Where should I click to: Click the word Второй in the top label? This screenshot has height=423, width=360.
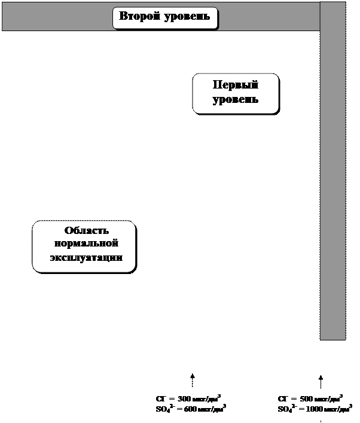click(x=140, y=16)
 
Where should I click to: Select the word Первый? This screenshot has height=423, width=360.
click(x=236, y=85)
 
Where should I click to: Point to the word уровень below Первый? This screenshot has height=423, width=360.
click(x=236, y=99)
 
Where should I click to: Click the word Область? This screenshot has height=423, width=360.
click(x=86, y=232)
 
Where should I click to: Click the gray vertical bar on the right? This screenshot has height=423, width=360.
click(x=332, y=179)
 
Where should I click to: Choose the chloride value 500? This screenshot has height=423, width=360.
click(x=306, y=398)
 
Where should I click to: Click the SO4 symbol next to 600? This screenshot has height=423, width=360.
click(x=163, y=409)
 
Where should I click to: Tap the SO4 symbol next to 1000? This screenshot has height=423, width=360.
click(x=286, y=409)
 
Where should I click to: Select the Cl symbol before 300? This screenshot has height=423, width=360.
click(x=160, y=398)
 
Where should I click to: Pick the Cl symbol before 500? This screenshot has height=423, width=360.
click(x=283, y=398)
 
